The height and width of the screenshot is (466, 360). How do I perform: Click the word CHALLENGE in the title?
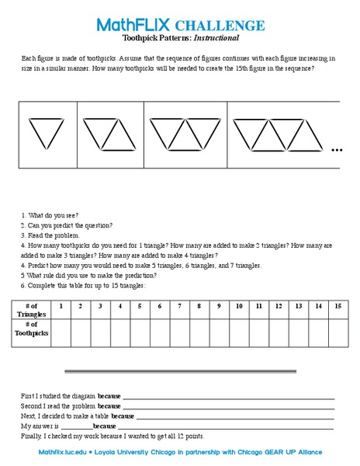(223, 25)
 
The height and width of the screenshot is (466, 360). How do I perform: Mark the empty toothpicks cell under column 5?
(140, 332)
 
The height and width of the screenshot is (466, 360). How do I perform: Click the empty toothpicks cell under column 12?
(279, 332)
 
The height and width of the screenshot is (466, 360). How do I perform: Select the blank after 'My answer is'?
(76, 426)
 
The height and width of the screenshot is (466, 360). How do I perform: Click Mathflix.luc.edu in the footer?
(63, 452)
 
